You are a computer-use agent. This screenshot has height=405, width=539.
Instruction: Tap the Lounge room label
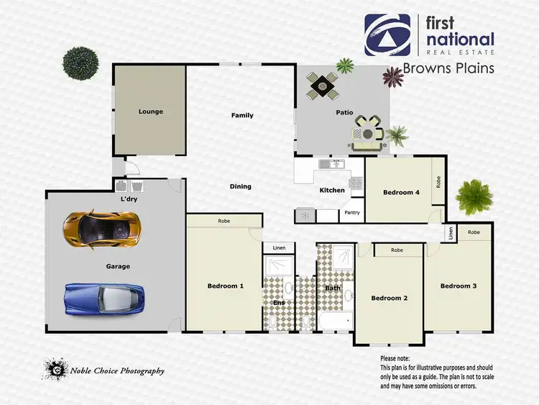click(x=151, y=112)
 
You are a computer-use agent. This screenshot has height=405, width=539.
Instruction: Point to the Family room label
click(x=242, y=115)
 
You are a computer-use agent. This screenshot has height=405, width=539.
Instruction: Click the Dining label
click(x=240, y=186)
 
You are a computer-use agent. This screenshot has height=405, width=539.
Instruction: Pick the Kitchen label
click(x=332, y=190)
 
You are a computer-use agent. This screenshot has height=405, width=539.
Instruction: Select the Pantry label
click(x=352, y=212)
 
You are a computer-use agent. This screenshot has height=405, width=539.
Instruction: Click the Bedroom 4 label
click(x=401, y=192)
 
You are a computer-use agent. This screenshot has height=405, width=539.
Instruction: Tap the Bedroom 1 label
click(x=226, y=286)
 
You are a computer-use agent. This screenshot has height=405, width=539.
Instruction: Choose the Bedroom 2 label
click(x=390, y=298)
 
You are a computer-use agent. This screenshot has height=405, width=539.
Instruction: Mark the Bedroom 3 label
click(x=459, y=286)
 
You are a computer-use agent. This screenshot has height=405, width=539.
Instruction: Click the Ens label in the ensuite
click(x=279, y=303)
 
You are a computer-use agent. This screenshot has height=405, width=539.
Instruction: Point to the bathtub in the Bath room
click(x=334, y=321)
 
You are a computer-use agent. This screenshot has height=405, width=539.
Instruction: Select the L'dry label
click(x=129, y=199)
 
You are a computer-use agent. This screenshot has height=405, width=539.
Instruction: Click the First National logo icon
click(x=388, y=35)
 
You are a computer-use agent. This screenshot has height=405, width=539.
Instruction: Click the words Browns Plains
click(x=448, y=68)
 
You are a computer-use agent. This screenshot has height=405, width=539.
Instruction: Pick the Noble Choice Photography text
click(x=117, y=371)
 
